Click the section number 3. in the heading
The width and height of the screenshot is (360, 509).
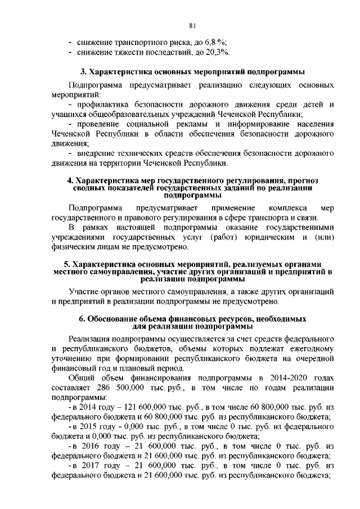pos(82,72)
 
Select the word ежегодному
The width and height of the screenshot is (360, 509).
pos(312,348)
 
